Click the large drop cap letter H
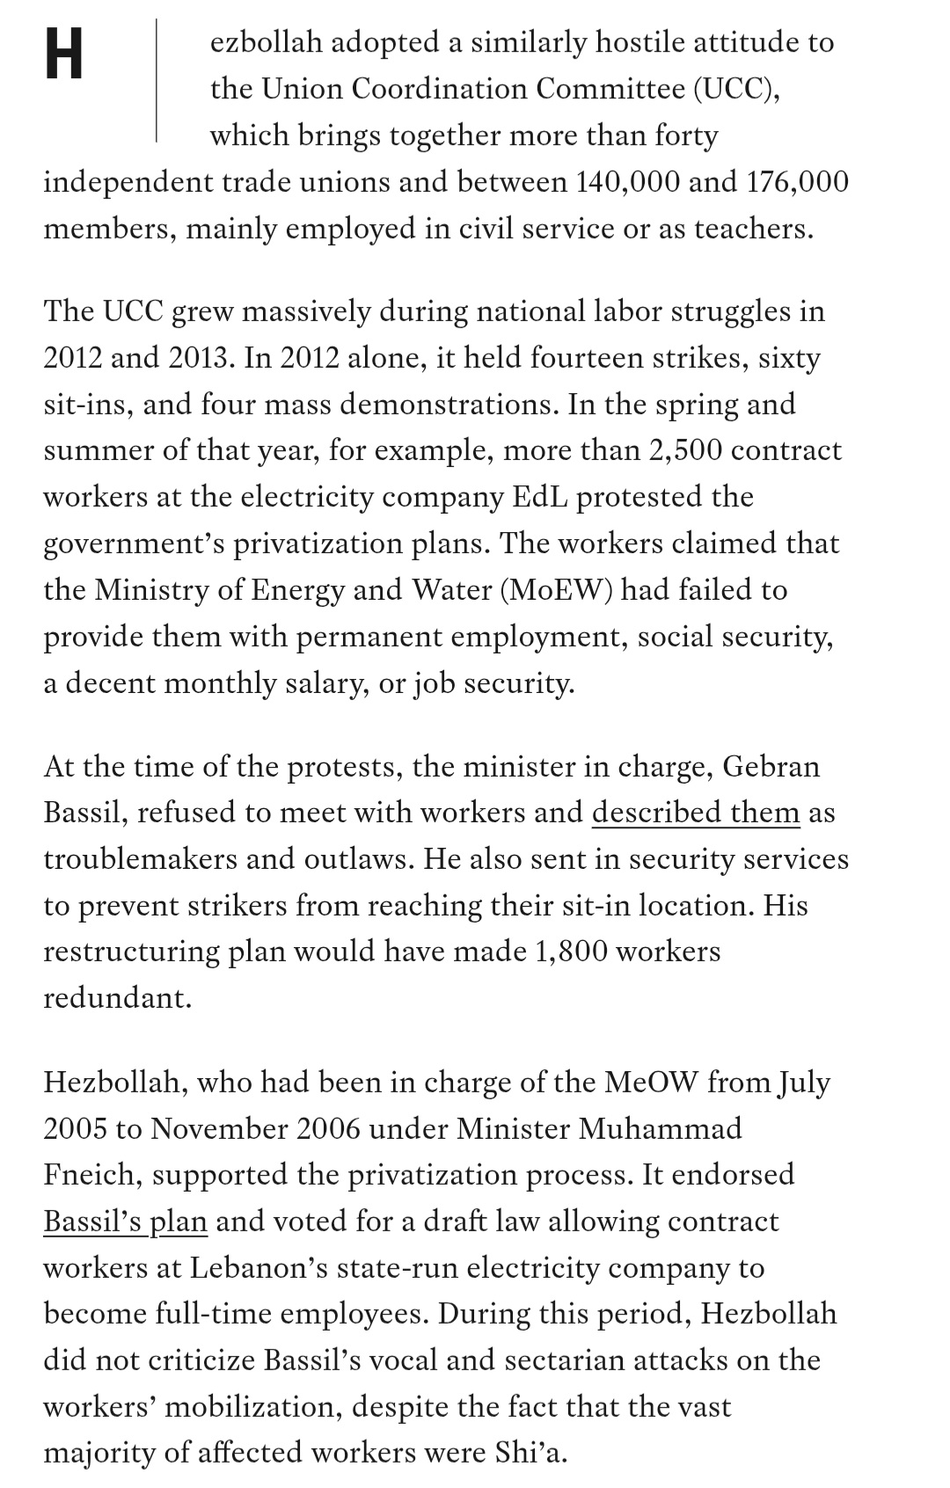point(63,53)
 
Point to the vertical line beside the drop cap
point(157,81)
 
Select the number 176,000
point(797,182)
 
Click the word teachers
point(754,229)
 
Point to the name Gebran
point(771,767)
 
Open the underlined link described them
point(696,813)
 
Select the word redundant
point(117,998)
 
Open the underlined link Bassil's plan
point(125,1222)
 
